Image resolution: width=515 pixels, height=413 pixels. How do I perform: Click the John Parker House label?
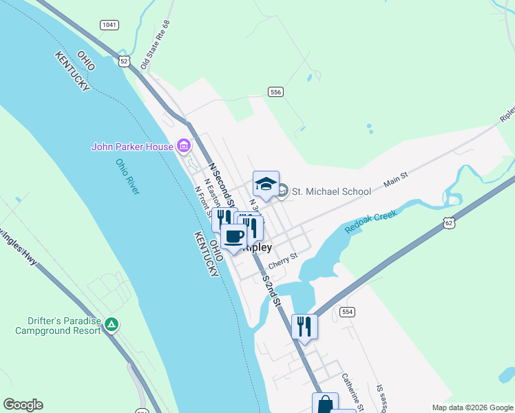point(134,146)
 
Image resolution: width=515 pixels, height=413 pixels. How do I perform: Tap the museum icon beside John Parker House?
point(183,146)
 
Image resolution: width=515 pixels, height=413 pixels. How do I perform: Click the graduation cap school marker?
point(266,184)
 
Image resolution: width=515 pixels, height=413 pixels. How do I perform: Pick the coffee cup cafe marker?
point(233,237)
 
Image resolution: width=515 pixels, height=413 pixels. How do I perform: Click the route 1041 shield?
point(109,25)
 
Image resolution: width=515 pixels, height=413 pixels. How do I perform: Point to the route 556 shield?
point(275,92)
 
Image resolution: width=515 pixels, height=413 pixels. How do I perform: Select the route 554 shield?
point(348,312)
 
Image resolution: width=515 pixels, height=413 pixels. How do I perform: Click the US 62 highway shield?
point(449,222)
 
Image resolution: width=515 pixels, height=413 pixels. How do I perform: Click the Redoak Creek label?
point(371,220)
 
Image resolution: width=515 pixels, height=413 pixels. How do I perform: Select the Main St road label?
point(396,180)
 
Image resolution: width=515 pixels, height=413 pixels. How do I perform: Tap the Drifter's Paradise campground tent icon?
point(112,324)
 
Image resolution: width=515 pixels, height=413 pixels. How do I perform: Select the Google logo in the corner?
point(23,405)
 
